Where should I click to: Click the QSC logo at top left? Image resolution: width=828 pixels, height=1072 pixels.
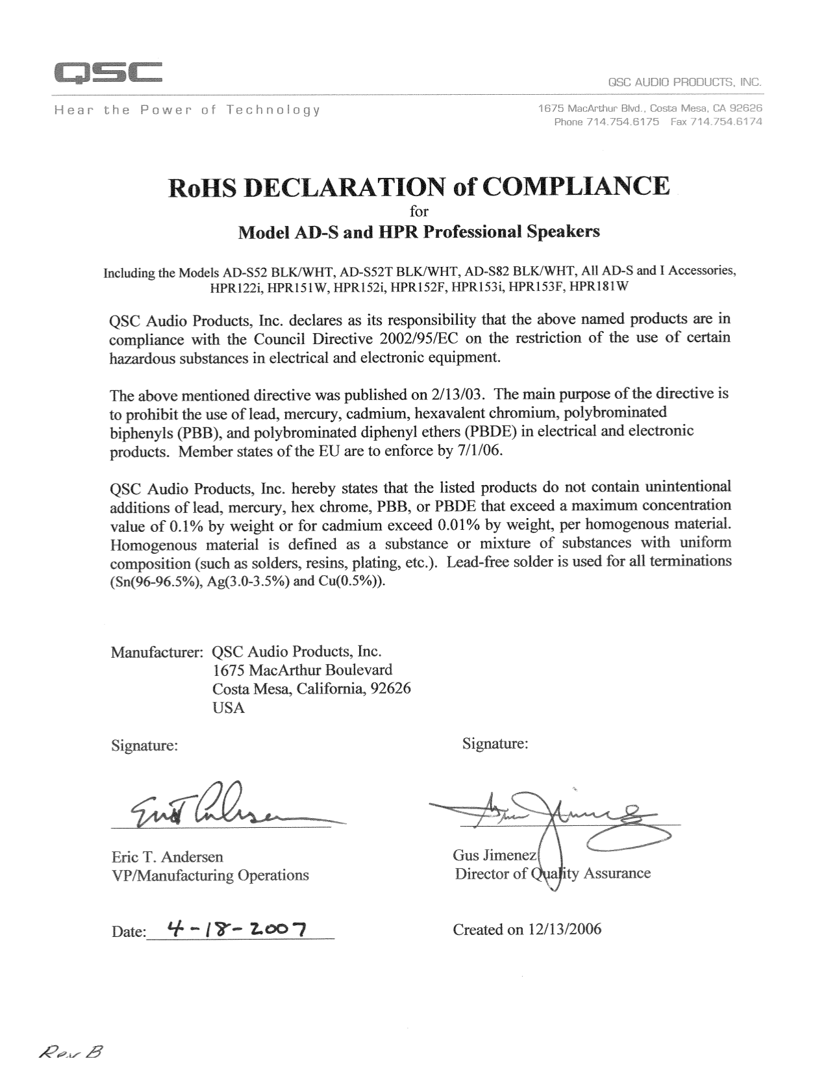(108, 72)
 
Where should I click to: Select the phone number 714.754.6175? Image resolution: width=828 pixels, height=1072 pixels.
(623, 121)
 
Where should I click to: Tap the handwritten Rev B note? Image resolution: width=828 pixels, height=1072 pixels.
(71, 1053)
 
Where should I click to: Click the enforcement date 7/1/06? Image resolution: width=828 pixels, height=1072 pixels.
(480, 451)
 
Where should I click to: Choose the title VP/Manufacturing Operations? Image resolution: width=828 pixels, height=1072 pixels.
(210, 875)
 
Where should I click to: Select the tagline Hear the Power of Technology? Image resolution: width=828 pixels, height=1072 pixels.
(187, 110)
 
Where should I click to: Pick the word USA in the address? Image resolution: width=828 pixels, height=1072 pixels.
(229, 708)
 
